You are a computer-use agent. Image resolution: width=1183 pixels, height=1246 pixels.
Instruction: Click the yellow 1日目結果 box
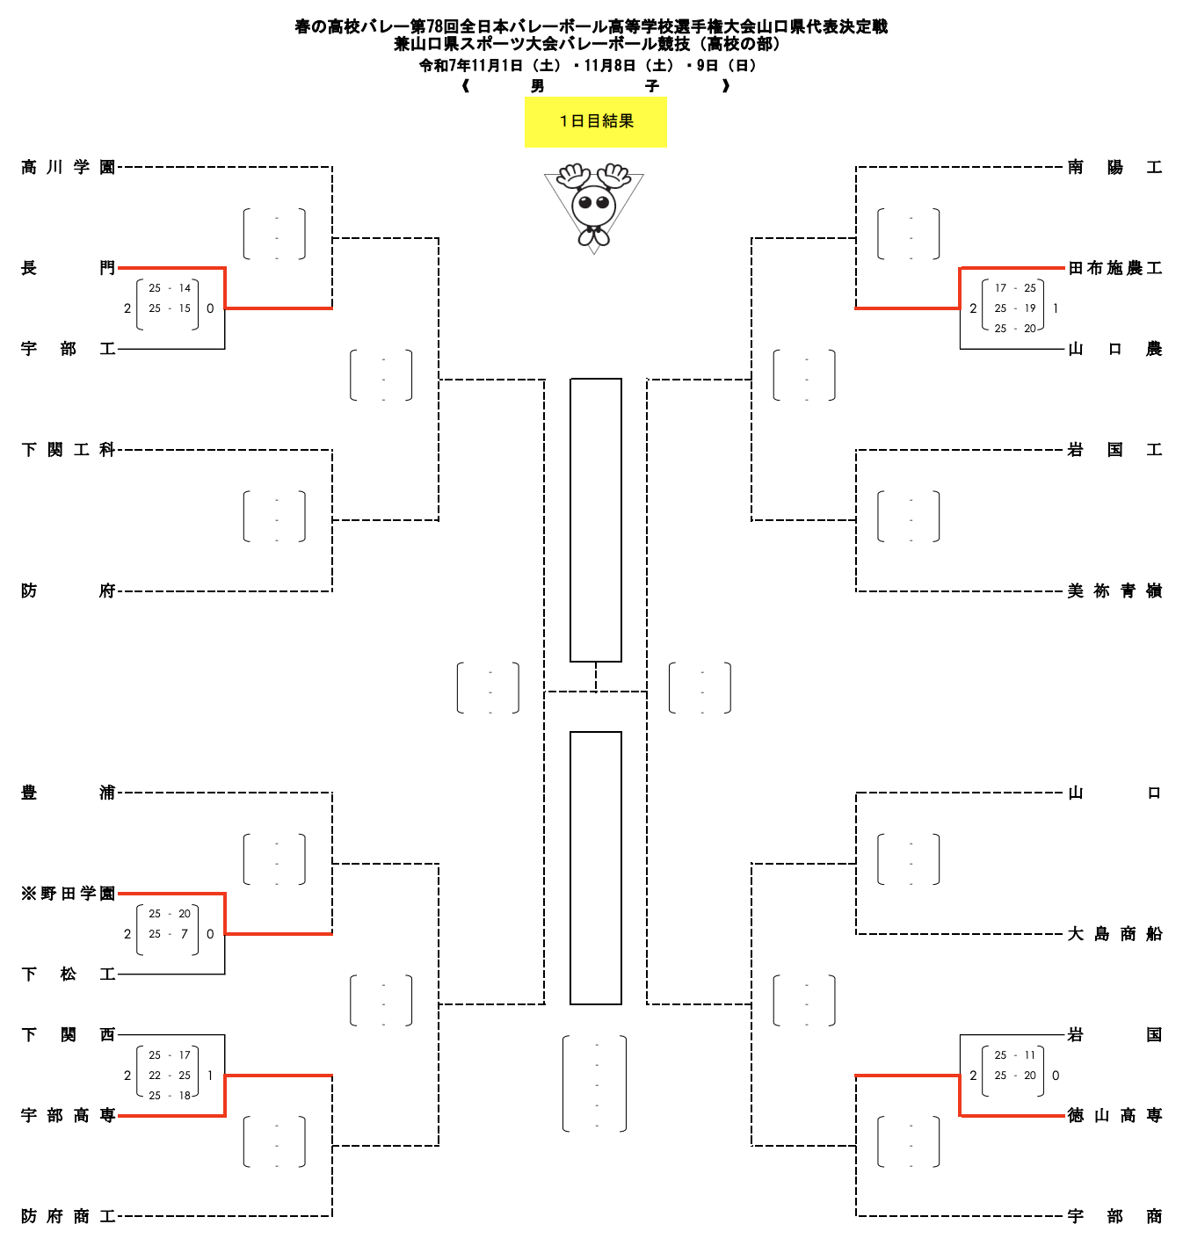[596, 121]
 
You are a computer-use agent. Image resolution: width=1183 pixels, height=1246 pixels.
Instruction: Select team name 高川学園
[69, 167]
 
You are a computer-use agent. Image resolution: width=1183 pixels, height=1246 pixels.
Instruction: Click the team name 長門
[69, 268]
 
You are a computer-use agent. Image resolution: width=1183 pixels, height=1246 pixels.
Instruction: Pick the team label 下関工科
[69, 450]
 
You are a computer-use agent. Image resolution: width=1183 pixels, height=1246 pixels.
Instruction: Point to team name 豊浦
[69, 793]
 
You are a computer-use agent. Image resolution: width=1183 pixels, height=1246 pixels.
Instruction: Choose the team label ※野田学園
[69, 894]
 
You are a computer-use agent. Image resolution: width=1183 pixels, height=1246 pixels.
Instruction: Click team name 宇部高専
[69, 1115]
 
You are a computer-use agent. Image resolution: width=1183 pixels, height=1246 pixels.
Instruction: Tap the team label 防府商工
[69, 1216]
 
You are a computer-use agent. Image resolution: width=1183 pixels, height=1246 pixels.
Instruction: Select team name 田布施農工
[1114, 268]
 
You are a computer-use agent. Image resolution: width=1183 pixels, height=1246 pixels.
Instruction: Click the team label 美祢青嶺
[1114, 591]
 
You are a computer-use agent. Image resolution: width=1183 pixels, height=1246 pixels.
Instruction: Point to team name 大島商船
[1114, 934]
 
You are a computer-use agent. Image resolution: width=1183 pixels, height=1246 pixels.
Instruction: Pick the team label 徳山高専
[1114, 1115]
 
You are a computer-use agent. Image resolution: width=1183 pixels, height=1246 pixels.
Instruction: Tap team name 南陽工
[1114, 167]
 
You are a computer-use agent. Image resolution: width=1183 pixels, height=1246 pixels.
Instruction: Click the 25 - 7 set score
[170, 934]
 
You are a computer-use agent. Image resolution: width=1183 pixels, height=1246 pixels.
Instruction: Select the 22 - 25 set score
[170, 1076]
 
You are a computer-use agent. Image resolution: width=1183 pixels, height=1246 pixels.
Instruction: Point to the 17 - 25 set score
[1015, 288]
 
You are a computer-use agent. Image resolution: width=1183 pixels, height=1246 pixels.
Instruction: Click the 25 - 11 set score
[1015, 1055]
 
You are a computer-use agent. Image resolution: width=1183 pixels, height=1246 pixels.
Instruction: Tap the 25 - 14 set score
[170, 288]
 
